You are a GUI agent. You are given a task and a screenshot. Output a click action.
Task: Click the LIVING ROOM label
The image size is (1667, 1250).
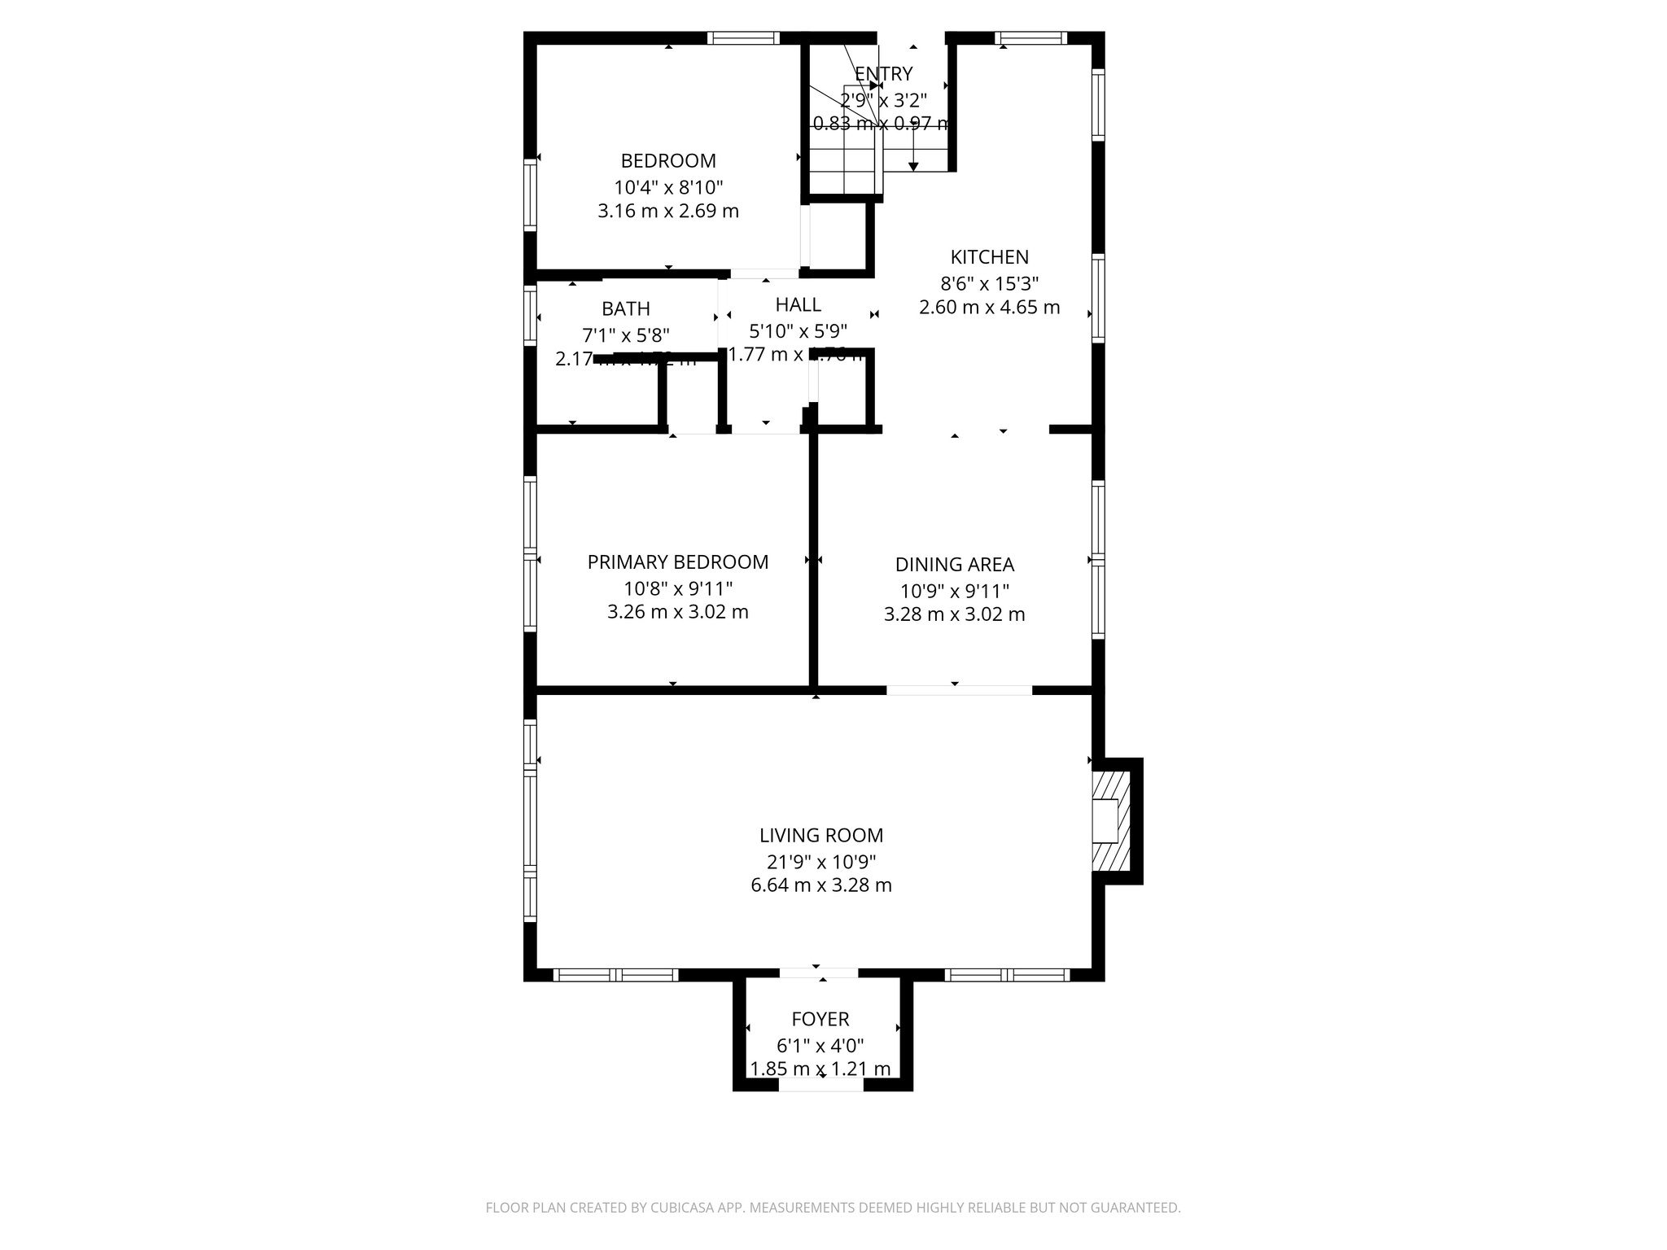click(820, 835)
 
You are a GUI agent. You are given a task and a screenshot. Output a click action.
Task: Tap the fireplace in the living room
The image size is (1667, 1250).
click(1110, 820)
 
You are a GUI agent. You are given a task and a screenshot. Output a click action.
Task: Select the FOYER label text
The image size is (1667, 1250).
click(820, 1019)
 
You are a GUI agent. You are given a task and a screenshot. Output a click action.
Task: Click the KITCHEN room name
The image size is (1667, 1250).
click(989, 257)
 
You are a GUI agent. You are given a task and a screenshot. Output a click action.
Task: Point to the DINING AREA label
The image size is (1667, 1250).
click(954, 564)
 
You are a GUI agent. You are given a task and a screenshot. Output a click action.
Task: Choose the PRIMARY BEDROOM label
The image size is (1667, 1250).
click(677, 562)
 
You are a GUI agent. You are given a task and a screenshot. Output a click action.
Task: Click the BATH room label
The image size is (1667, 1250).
click(625, 309)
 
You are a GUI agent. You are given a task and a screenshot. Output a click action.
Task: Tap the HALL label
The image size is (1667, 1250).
click(798, 304)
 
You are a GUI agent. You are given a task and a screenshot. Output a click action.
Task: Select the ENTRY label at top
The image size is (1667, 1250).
click(883, 74)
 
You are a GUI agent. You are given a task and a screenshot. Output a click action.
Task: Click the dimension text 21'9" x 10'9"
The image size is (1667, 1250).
click(820, 862)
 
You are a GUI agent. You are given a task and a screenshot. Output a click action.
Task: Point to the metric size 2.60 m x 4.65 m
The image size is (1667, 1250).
click(989, 308)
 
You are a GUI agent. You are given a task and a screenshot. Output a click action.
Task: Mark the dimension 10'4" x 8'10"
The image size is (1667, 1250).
click(668, 187)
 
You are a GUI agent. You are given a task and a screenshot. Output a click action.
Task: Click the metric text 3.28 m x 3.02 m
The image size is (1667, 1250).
click(954, 614)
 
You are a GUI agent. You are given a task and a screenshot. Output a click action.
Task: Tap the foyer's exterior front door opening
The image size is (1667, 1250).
click(820, 1086)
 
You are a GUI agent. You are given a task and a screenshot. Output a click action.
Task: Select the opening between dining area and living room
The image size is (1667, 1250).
click(959, 690)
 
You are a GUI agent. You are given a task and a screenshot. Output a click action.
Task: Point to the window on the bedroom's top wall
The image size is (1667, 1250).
click(743, 37)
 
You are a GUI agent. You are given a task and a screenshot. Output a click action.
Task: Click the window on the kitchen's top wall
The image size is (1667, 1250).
click(1030, 37)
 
